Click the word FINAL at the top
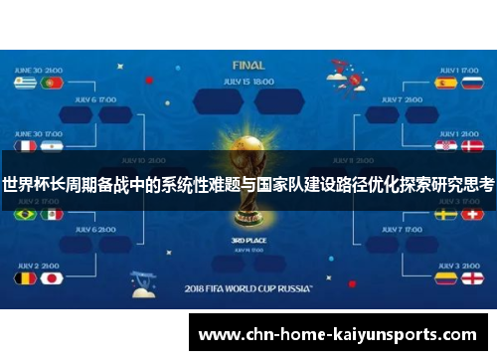[x=248, y=65]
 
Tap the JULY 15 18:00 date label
[x=248, y=81]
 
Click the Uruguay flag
[x=25, y=84]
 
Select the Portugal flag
[x=52, y=84]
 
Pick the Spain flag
[x=446, y=84]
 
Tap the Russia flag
[x=473, y=84]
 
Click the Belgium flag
[x=25, y=278]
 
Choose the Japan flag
[x=52, y=278]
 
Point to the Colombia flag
[x=446, y=278]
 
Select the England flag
[x=473, y=278]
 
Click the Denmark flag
[x=473, y=146]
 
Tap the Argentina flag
[x=52, y=146]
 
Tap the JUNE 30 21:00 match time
[x=38, y=70]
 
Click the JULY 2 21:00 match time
[x=38, y=266]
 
